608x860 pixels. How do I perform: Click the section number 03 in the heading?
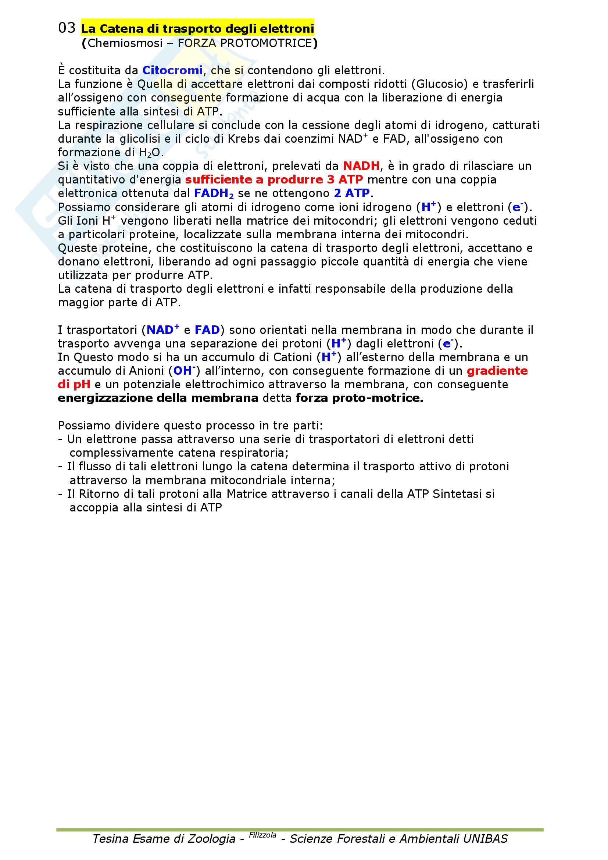(x=67, y=28)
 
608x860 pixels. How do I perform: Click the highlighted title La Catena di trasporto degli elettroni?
(x=197, y=29)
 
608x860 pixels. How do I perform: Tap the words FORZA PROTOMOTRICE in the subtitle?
(x=245, y=43)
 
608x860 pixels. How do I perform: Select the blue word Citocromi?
(x=173, y=71)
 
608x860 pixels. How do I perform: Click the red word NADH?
(x=361, y=166)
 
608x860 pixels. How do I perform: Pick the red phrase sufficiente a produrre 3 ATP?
(x=274, y=180)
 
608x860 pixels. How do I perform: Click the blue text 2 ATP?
(x=352, y=193)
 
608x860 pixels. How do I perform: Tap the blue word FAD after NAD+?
(x=207, y=330)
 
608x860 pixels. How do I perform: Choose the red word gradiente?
(x=497, y=371)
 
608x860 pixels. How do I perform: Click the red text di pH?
(x=74, y=385)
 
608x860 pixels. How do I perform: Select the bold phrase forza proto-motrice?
(x=359, y=398)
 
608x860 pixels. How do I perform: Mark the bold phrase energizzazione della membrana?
(x=158, y=398)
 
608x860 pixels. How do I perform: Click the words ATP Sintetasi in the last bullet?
(x=446, y=494)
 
